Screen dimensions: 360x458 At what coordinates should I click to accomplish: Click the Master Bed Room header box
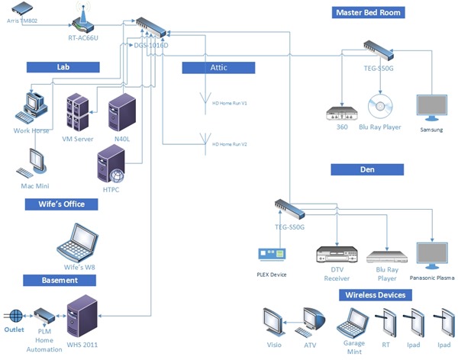coord(367,12)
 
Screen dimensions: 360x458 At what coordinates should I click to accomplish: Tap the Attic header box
coord(218,67)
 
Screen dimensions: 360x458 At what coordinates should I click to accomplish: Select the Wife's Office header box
coord(61,204)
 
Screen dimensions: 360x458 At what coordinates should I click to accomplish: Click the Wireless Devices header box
coord(374,295)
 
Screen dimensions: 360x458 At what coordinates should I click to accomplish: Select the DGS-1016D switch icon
coord(153,28)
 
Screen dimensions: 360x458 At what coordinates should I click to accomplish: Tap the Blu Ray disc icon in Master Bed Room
coord(379,107)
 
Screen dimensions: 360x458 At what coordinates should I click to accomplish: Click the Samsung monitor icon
coord(431,109)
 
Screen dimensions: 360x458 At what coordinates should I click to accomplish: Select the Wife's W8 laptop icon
coord(80,242)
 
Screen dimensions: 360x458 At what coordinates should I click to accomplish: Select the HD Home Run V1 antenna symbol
coord(204,101)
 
